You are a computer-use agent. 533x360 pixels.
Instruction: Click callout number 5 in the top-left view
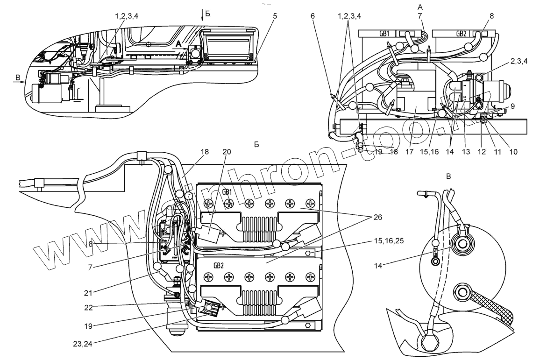click(275, 16)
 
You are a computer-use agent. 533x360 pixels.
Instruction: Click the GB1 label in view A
click(376, 34)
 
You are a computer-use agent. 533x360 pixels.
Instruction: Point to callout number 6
click(313, 16)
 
